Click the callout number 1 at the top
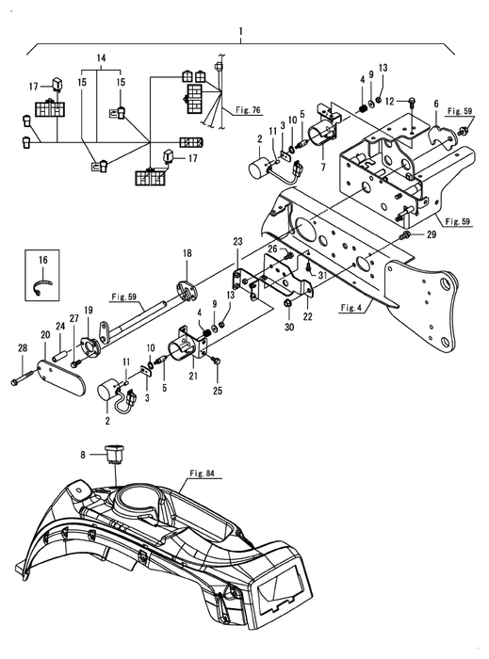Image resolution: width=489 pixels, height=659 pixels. [240, 31]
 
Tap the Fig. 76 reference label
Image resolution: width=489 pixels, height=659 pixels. [248, 110]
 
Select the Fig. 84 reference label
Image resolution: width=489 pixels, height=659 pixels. [202, 474]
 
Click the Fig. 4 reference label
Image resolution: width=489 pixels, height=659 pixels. [350, 308]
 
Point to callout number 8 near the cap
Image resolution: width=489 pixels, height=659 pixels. [83, 455]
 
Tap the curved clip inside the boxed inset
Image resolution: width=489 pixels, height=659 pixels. [43, 287]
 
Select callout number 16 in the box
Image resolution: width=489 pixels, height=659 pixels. [43, 260]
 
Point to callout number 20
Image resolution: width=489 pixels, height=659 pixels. [44, 335]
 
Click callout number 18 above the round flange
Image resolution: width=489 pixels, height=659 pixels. [187, 253]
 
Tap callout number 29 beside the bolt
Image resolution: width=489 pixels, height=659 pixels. [432, 235]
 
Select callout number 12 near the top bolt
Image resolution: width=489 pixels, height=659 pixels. [390, 101]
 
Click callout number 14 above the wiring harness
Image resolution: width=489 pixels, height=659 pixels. [102, 58]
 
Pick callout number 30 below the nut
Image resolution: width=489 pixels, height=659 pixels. [289, 326]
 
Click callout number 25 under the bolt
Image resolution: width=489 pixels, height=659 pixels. [218, 391]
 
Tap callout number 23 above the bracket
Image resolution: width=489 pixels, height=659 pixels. [238, 242]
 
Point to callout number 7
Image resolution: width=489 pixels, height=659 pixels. [323, 167]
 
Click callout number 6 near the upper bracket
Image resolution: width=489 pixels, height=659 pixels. [436, 103]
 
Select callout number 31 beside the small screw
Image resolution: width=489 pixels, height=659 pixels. [322, 275]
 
